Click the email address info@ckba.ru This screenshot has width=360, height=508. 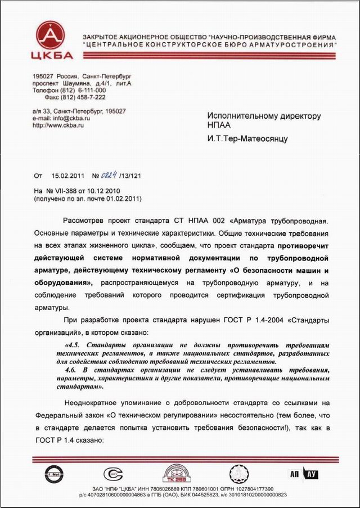[x=69, y=119]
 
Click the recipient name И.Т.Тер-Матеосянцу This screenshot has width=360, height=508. [x=247, y=138]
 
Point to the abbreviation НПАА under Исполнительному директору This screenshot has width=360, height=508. [x=217, y=127]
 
